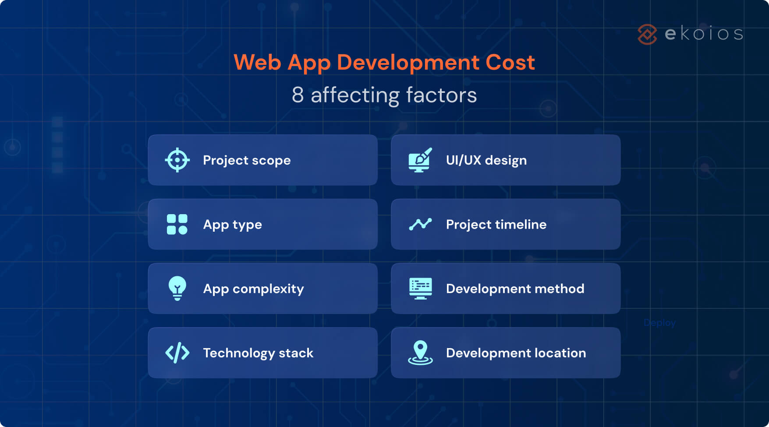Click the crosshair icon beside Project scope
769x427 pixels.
point(177,160)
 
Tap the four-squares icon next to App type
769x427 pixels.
point(177,224)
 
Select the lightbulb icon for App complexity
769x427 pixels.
point(177,288)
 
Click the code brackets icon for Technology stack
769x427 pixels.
point(177,353)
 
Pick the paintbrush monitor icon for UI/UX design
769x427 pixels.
point(420,160)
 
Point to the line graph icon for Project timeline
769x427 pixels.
point(420,224)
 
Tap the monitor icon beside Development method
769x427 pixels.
point(420,288)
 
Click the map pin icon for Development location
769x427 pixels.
point(420,353)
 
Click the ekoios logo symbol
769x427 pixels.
point(647,34)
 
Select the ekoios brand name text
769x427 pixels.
point(704,34)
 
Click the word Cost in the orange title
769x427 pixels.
point(510,62)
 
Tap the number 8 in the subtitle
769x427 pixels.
point(298,95)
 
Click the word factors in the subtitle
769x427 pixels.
point(441,95)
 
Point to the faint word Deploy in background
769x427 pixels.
point(659,323)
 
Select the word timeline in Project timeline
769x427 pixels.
point(521,224)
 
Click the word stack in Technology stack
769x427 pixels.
point(296,353)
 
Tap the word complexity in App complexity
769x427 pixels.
point(268,289)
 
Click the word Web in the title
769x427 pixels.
point(257,62)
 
